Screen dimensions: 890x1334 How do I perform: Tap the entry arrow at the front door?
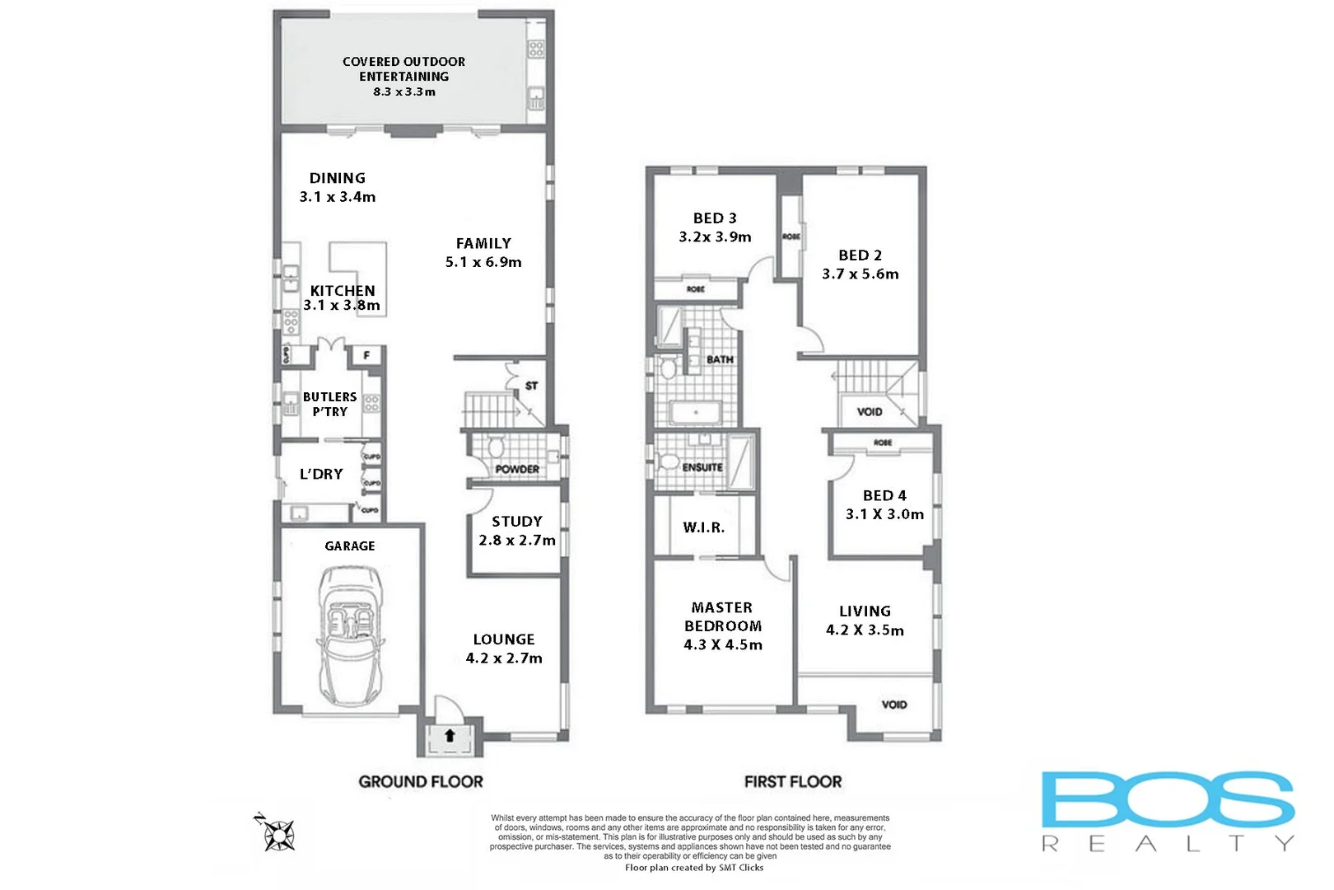click(450, 735)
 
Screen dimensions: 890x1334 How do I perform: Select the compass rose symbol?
click(278, 835)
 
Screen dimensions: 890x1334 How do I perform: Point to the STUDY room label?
click(517, 522)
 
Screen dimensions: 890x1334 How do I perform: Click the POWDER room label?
click(517, 469)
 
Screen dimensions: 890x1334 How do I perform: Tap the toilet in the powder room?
click(496, 447)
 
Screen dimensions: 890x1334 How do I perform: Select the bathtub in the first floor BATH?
click(696, 412)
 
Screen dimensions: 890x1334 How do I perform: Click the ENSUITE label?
click(702, 467)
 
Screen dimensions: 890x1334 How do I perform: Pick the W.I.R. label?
click(704, 527)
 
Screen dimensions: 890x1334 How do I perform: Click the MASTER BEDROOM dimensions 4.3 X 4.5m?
click(723, 644)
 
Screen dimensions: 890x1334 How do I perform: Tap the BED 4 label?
click(884, 495)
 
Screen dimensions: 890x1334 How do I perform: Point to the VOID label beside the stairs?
click(870, 411)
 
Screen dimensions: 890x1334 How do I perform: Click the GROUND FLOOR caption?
click(421, 781)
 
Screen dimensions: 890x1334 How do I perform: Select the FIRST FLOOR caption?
click(793, 781)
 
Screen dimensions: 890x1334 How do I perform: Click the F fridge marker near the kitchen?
click(366, 355)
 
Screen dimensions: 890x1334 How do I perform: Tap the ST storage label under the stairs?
click(532, 386)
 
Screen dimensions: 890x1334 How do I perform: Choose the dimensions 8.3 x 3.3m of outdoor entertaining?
click(404, 91)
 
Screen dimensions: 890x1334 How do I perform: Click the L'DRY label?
click(321, 474)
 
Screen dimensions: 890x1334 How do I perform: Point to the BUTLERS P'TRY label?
click(330, 404)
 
